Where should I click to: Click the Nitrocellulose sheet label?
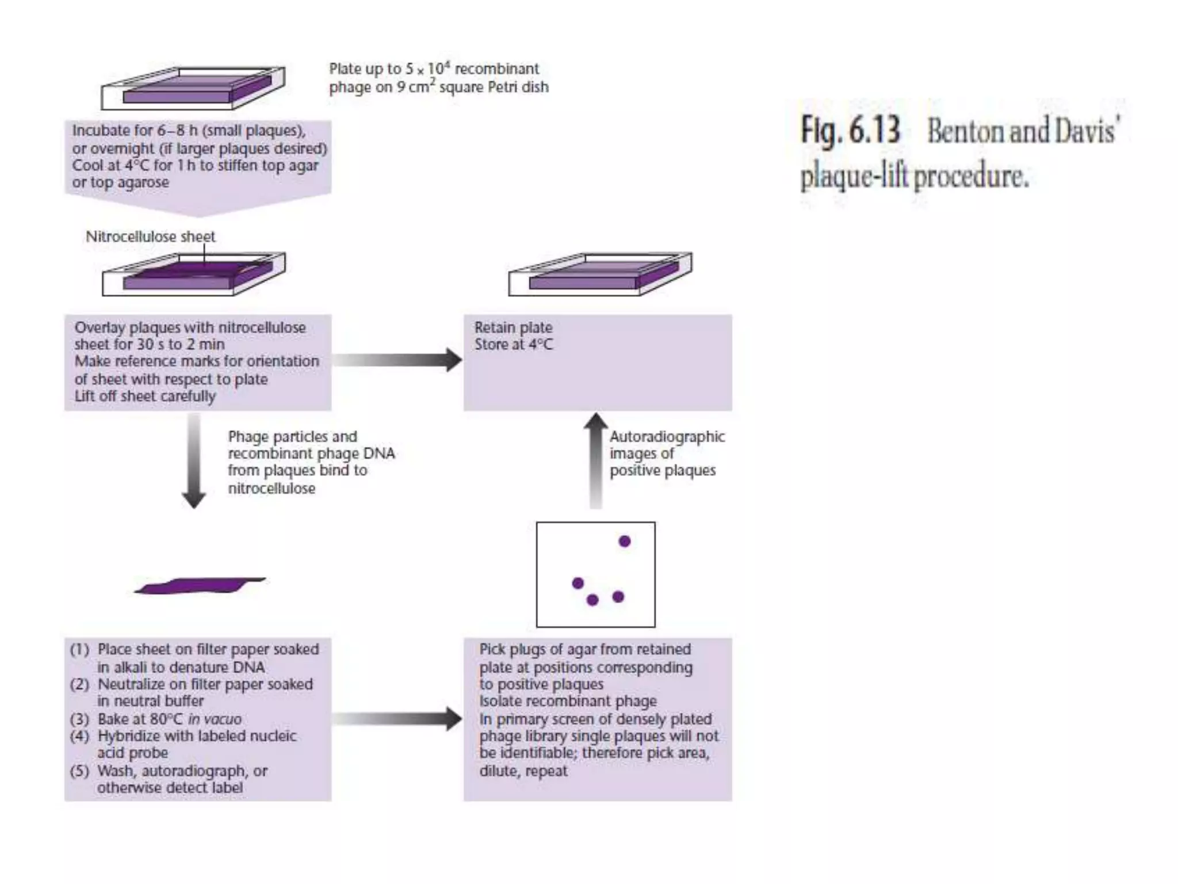coord(150,237)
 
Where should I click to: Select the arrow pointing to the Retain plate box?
coord(397,360)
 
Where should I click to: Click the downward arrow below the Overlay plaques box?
coord(194,460)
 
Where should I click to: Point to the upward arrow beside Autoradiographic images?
coord(596,460)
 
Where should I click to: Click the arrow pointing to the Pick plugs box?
coord(397,718)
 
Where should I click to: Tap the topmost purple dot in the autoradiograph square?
coord(625,541)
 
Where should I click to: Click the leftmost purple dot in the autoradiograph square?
coord(578,583)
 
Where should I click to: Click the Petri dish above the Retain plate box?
coord(600,275)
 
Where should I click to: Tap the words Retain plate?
coord(513,327)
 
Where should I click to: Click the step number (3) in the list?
coord(79,719)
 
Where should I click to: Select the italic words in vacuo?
coord(215,719)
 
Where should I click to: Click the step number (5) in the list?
coord(79,771)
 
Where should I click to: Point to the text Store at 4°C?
coord(513,344)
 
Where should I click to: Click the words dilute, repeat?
coord(523,771)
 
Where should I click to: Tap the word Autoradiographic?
coord(667,436)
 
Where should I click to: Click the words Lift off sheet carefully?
coord(145,396)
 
